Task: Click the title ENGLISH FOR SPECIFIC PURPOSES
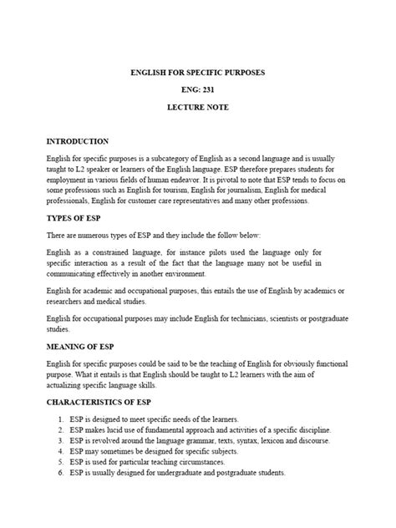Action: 198,73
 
